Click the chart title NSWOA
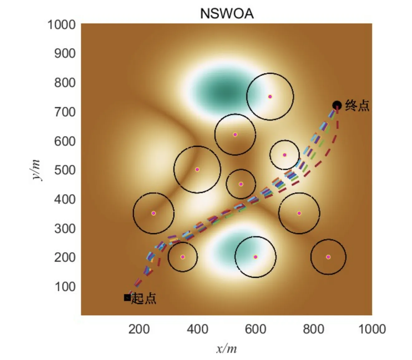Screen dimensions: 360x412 click(227, 13)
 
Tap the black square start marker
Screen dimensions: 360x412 click(127, 298)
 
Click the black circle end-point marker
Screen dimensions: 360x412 click(337, 105)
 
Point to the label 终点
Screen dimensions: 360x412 click(357, 105)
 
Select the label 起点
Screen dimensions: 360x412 click(144, 299)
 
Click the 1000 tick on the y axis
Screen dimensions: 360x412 click(61, 24)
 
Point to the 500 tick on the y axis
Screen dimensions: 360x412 click(65, 170)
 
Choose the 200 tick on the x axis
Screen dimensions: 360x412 click(139, 329)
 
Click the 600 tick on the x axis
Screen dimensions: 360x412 click(256, 329)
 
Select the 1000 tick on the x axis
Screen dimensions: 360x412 click(372, 329)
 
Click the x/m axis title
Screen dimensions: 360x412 click(227, 348)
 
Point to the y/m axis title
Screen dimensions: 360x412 click(36, 170)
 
